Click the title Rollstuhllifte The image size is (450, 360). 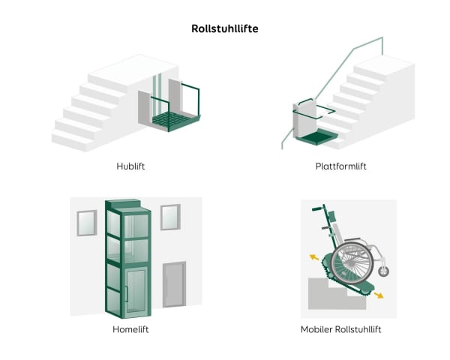point(224,29)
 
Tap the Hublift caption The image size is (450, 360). point(130,166)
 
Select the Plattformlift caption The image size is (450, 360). point(340,166)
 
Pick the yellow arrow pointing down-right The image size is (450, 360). point(379,295)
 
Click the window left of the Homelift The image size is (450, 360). point(87,222)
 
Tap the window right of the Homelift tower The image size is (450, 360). point(170,216)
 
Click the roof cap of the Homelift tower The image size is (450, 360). point(123,203)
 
